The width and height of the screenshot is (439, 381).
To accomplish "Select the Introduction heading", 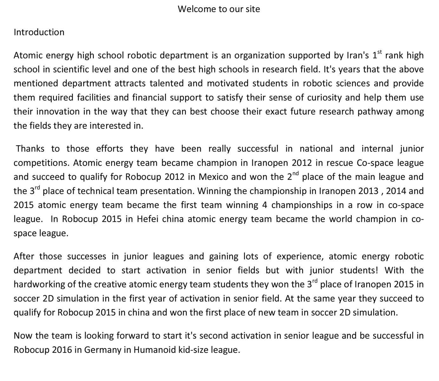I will pyautogui.click(x=39, y=32).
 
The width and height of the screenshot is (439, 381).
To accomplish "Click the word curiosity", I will pyautogui.click(x=325, y=97).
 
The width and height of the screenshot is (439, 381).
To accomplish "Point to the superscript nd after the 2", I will pyautogui.click(x=295, y=173).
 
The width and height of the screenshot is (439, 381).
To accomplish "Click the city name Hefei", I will pyautogui.click(x=148, y=219).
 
